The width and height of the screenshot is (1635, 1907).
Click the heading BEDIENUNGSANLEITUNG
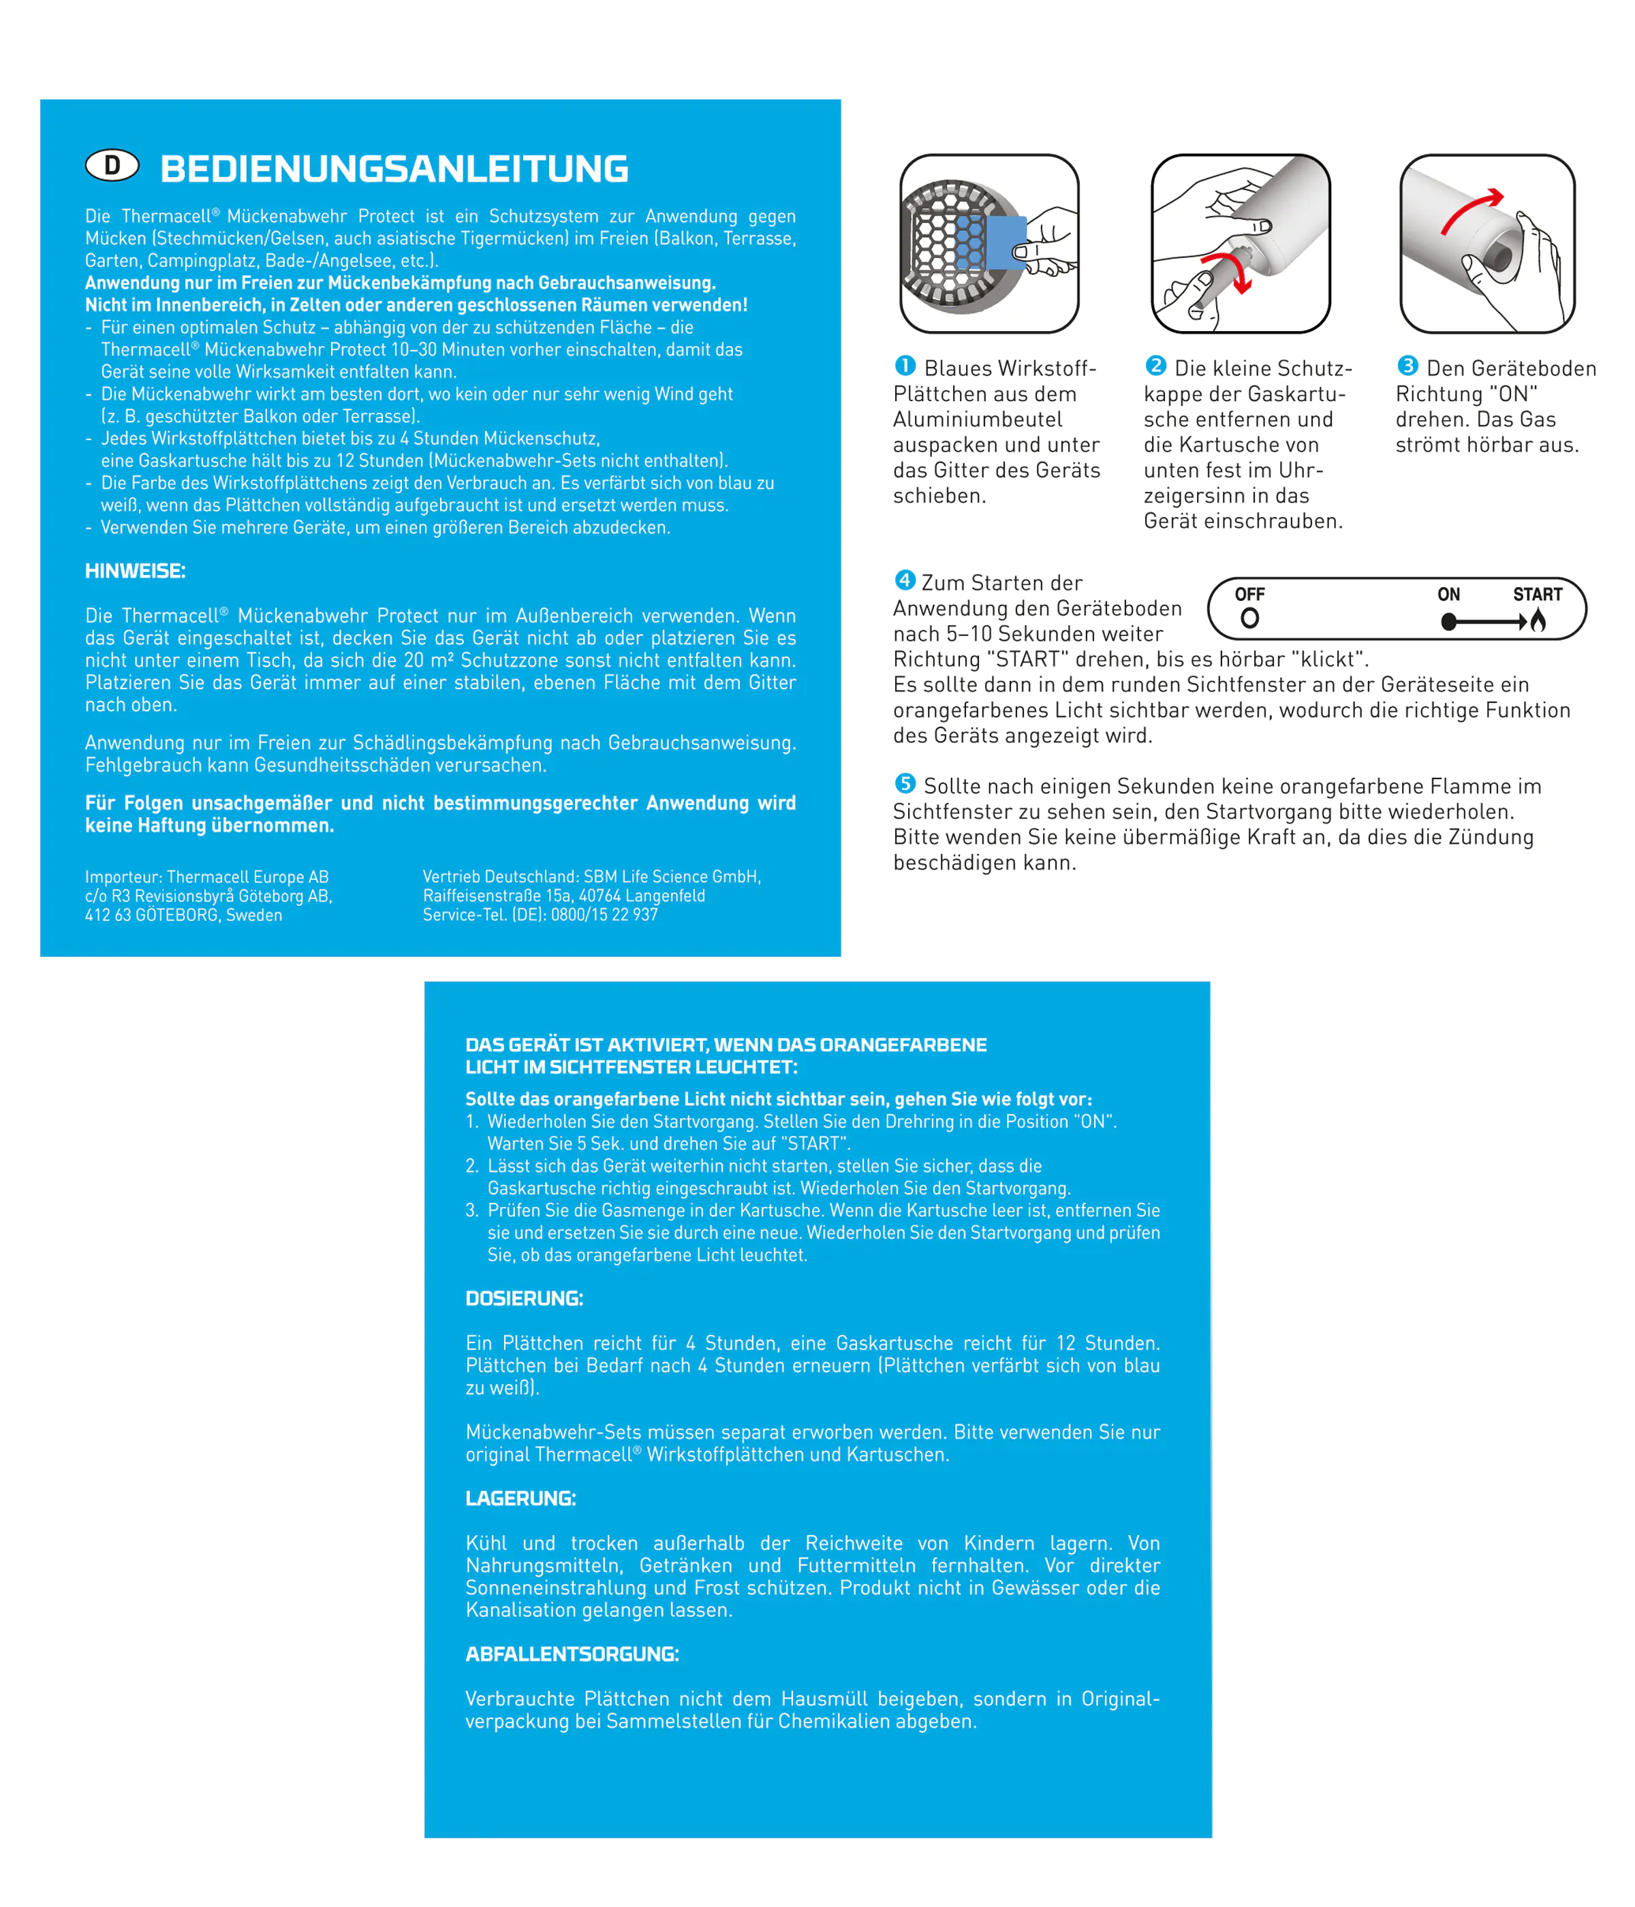click(394, 170)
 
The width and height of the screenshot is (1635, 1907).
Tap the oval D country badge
click(112, 166)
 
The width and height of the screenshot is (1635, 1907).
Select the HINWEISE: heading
click(136, 571)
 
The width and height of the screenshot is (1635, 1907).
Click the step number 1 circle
click(905, 366)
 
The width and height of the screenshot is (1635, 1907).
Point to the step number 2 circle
click(1156, 366)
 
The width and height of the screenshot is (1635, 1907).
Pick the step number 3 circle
click(1407, 366)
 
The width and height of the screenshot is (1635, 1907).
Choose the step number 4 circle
click(905, 581)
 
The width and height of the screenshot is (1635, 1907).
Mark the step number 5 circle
click(905, 784)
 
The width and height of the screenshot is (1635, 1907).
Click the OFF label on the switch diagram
click(1249, 595)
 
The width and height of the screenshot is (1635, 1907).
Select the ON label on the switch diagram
click(1448, 595)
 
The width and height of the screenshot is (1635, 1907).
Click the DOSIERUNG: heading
click(524, 1299)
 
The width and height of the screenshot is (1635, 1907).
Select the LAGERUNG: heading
click(520, 1498)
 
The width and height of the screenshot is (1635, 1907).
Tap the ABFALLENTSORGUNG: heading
click(572, 1654)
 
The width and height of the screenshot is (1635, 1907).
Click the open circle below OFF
click(1249, 618)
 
